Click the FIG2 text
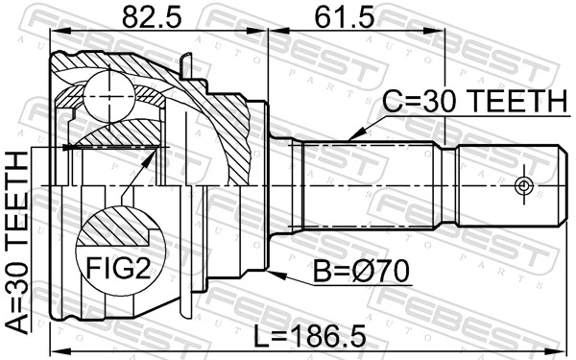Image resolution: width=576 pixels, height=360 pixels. [x=115, y=265]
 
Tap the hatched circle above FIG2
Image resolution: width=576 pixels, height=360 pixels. [x=114, y=231]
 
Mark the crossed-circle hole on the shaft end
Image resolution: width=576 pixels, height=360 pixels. [x=523, y=183]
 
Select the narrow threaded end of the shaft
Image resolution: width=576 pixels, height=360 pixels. [x=509, y=182]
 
